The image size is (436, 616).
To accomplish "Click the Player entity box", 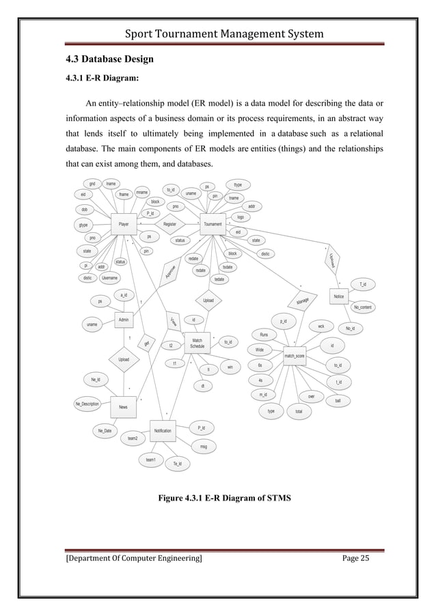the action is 124,223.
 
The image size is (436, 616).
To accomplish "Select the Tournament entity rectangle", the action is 213,223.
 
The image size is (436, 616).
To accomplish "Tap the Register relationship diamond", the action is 169,223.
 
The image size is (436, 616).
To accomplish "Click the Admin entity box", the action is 124,319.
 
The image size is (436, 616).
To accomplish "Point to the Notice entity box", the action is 338,297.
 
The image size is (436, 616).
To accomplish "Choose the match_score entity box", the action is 294,355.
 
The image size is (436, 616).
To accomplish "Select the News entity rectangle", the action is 123,407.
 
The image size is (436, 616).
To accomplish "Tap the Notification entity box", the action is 163,431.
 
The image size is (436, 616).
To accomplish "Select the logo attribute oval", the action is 241,217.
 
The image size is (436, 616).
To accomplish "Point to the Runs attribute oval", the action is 264,335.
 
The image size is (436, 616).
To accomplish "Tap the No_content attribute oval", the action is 362,308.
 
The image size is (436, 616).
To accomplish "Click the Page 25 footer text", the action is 355,560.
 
